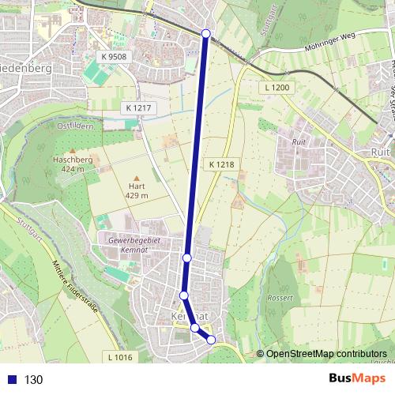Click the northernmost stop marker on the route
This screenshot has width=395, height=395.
coord(206,33)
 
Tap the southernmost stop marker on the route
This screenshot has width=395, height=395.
coord(211,340)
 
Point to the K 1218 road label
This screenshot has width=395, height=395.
coord(222,164)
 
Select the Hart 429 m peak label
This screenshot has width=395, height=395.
coord(137,190)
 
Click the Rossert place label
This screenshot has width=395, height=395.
coord(280,299)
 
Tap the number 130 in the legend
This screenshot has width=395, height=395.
coord(33,380)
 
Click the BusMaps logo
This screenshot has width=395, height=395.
coord(357,379)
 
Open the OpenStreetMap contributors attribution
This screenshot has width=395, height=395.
coord(325,353)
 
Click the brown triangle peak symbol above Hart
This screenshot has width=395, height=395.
coord(137,179)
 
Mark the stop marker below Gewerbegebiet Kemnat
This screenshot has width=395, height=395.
coord(187,258)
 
